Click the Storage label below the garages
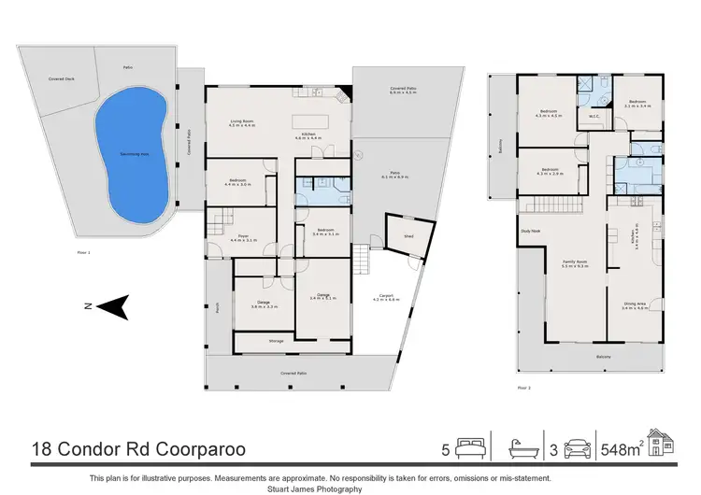276,342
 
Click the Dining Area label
636,304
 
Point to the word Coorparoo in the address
197,450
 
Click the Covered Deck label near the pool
63,79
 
